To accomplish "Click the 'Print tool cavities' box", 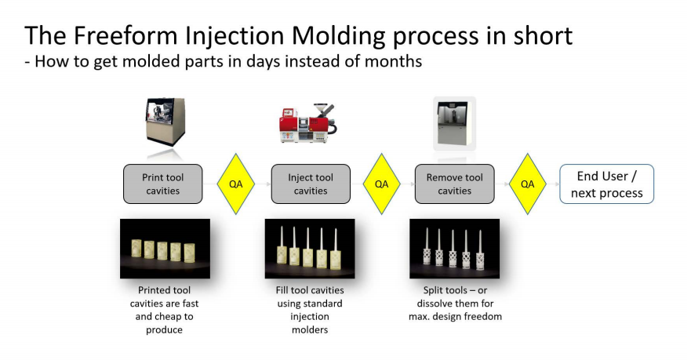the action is click(x=162, y=184).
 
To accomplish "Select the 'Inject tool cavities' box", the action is click(x=311, y=184).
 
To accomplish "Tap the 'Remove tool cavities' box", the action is click(x=454, y=184).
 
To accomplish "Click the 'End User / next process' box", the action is click(x=606, y=184).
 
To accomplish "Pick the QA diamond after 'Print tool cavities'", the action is click(x=236, y=184).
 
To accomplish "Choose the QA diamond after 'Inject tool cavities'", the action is click(x=382, y=184).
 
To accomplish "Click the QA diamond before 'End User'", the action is click(x=528, y=184).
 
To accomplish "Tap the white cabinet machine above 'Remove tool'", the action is click(x=454, y=124).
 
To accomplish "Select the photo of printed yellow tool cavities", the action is click(x=165, y=249).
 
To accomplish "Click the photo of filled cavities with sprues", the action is click(x=310, y=249).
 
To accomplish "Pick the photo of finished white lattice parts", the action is click(x=454, y=249).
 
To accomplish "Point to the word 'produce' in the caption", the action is click(x=164, y=330).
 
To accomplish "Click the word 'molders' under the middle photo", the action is click(x=310, y=329).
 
